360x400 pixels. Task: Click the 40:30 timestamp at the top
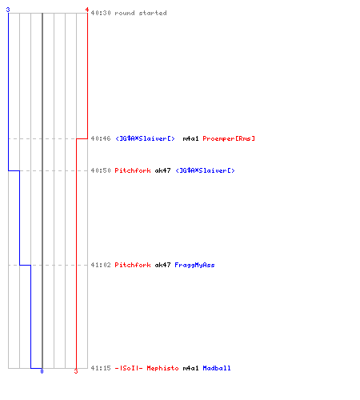pyautogui.click(x=101, y=13)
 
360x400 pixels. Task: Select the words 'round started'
pyautogui.click(x=141, y=13)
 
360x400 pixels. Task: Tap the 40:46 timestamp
pyautogui.click(x=101, y=138)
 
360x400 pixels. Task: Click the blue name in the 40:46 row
pyautogui.click(x=145, y=138)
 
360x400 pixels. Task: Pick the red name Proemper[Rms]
pyautogui.click(x=229, y=138)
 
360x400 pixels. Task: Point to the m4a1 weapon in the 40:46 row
pyautogui.click(x=190, y=138)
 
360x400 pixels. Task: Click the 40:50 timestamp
pyautogui.click(x=101, y=170)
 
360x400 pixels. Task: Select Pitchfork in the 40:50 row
pyautogui.click(x=133, y=170)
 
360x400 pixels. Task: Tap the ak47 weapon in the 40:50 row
pyautogui.click(x=162, y=170)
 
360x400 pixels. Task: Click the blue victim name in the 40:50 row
pyautogui.click(x=205, y=170)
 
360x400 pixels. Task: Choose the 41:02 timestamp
pyautogui.click(x=101, y=265)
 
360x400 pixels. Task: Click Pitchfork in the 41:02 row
pyautogui.click(x=133, y=265)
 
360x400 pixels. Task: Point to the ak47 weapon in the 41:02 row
pyautogui.click(x=162, y=265)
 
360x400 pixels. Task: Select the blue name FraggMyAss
pyautogui.click(x=194, y=265)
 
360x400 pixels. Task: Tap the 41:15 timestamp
pyautogui.click(x=101, y=368)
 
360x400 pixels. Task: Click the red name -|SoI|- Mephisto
pyautogui.click(x=146, y=368)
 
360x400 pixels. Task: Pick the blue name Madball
pyautogui.click(x=217, y=368)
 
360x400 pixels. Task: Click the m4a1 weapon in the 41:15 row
pyautogui.click(x=190, y=368)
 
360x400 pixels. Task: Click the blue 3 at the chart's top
pyautogui.click(x=8, y=10)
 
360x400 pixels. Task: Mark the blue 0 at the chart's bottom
pyautogui.click(x=42, y=371)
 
